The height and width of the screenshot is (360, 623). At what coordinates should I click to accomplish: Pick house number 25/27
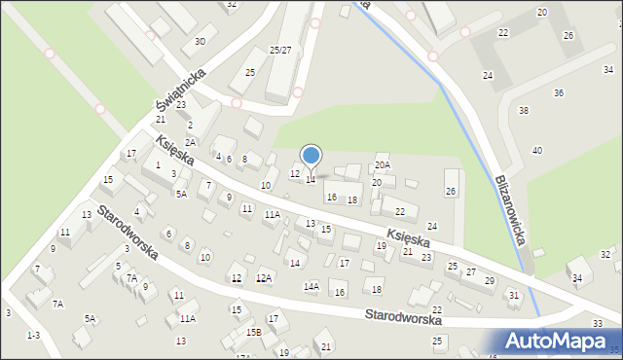tap(280, 50)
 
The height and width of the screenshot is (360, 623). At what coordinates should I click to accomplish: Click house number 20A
tap(382, 166)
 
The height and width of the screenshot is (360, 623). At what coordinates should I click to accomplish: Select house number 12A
tap(263, 278)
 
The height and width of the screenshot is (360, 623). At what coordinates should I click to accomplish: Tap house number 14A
tap(311, 286)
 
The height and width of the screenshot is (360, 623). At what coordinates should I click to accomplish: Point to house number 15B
tap(253, 332)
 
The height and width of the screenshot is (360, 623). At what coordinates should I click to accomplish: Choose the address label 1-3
tap(33, 335)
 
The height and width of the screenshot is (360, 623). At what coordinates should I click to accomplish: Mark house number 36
tap(558, 92)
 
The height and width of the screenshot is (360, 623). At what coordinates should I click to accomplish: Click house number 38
tap(524, 110)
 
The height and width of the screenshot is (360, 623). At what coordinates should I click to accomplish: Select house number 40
tap(536, 150)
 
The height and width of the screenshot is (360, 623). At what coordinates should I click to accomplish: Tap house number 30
tap(200, 41)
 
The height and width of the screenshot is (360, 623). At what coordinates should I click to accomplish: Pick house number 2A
tap(191, 142)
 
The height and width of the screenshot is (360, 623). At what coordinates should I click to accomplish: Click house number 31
tap(514, 295)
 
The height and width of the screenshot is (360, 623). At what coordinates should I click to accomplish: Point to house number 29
tap(489, 280)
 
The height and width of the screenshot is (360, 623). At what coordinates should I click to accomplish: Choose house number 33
tap(597, 322)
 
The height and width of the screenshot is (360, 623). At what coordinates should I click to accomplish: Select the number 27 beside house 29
tap(470, 271)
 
